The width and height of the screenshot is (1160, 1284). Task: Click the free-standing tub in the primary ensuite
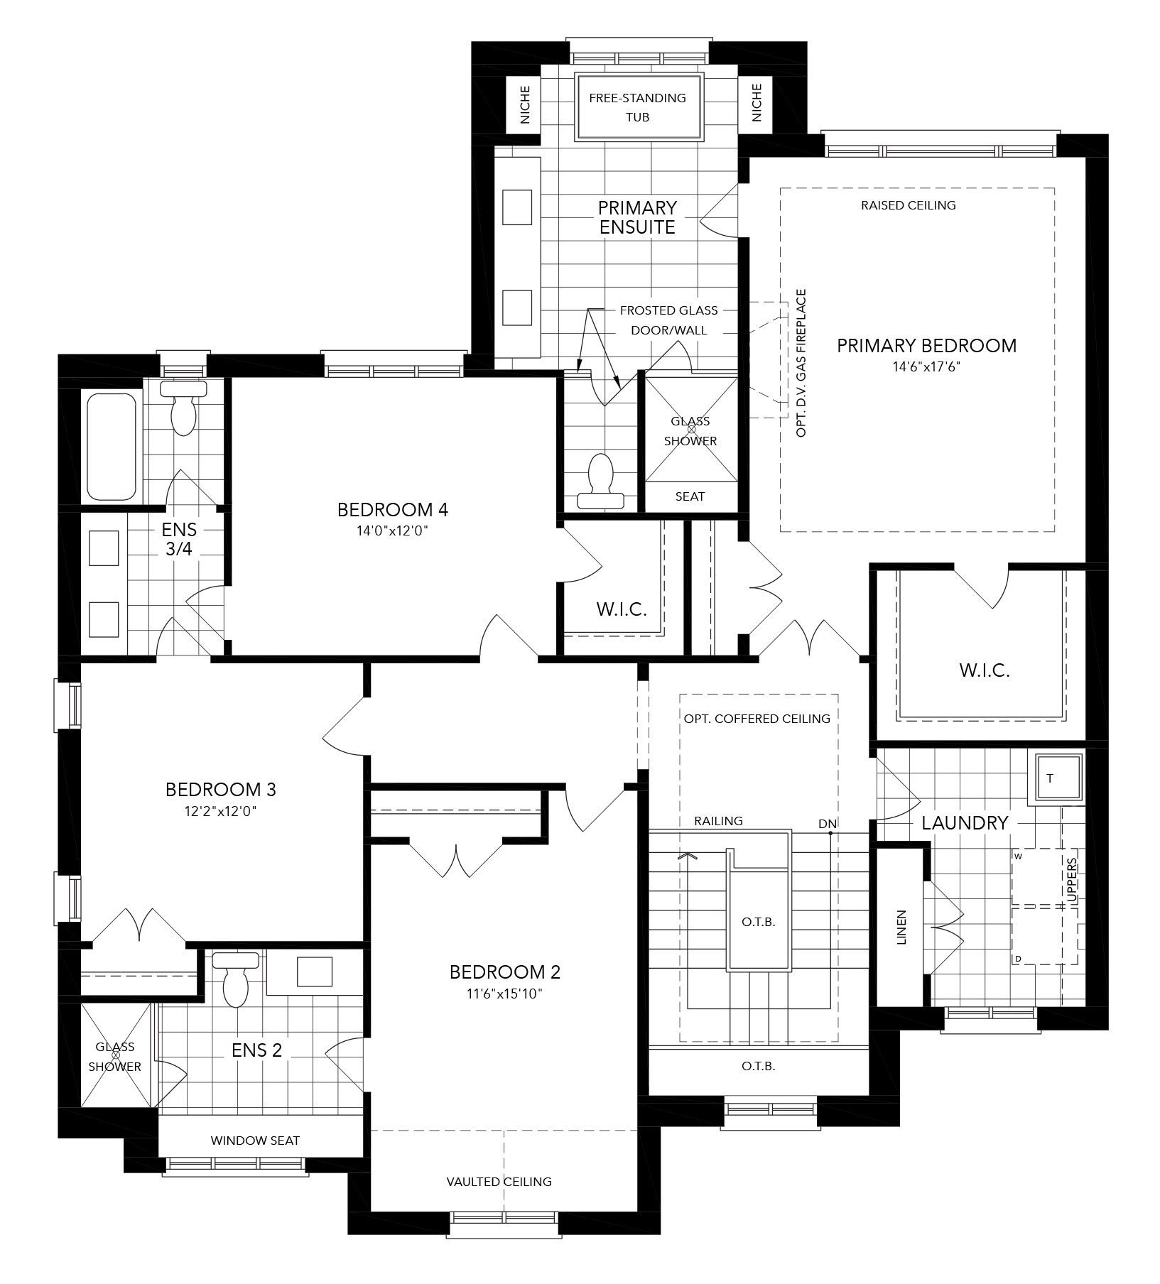(x=638, y=107)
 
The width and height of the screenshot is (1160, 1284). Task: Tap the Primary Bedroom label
(x=926, y=346)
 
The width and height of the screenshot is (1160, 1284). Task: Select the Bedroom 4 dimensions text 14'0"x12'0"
(x=393, y=530)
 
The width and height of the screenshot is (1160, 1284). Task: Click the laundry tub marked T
(x=1058, y=778)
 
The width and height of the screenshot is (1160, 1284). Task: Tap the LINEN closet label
(x=901, y=927)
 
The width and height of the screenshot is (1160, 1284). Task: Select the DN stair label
(x=827, y=824)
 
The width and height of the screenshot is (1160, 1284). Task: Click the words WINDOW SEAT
(x=255, y=1141)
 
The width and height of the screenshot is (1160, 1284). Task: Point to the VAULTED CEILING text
(x=499, y=1182)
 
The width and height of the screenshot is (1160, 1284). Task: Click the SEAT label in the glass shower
(x=690, y=496)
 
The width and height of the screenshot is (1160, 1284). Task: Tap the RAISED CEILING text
(x=908, y=205)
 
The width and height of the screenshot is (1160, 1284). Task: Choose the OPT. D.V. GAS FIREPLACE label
(x=801, y=363)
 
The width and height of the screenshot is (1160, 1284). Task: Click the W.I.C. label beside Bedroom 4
(x=622, y=609)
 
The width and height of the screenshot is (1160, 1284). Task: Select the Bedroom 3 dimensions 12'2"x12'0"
(x=220, y=810)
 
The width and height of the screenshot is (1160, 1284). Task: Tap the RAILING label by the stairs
(x=718, y=821)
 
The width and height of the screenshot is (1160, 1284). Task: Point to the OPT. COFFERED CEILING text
(x=757, y=719)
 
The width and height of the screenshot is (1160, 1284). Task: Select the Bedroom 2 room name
(x=505, y=972)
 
